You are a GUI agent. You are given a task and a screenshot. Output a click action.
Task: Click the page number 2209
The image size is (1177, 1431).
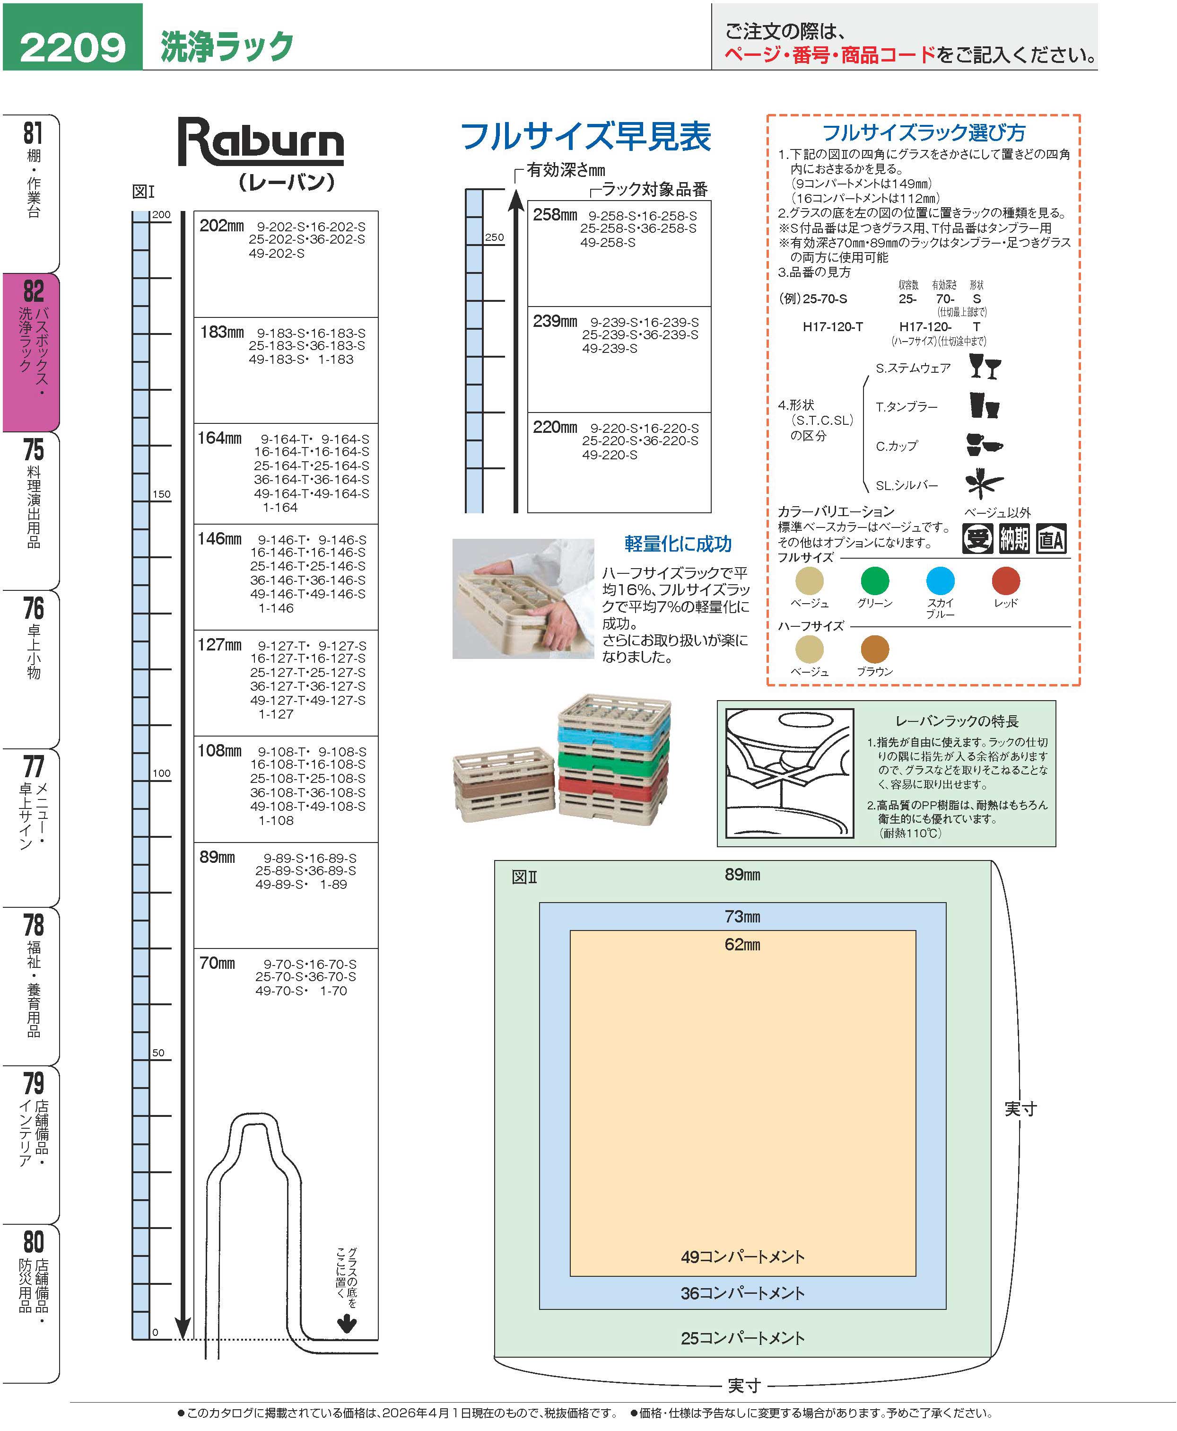pyautogui.click(x=72, y=47)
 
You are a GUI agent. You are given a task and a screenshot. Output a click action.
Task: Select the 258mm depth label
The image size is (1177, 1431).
pyautogui.click(x=555, y=215)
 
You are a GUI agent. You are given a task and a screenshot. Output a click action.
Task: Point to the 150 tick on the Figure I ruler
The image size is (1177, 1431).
pyautogui.click(x=161, y=494)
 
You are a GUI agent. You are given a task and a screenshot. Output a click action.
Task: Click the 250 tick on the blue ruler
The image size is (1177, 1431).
pyautogui.click(x=494, y=237)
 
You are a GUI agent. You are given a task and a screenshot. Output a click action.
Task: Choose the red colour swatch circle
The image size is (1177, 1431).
pyautogui.click(x=1005, y=580)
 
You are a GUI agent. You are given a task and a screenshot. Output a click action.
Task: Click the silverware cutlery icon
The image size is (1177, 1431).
pyautogui.click(x=984, y=483)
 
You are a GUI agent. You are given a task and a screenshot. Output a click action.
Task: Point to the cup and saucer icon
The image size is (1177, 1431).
pyautogui.click(x=984, y=445)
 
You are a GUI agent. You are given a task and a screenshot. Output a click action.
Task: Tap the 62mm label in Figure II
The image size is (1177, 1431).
pyautogui.click(x=742, y=944)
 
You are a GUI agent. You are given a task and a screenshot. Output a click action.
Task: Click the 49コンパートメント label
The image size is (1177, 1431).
pyautogui.click(x=742, y=1257)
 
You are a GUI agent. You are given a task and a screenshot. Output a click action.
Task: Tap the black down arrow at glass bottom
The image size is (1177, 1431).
pyautogui.click(x=347, y=1323)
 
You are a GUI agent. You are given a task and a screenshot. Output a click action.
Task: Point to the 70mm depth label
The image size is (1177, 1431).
pyautogui.click(x=217, y=963)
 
